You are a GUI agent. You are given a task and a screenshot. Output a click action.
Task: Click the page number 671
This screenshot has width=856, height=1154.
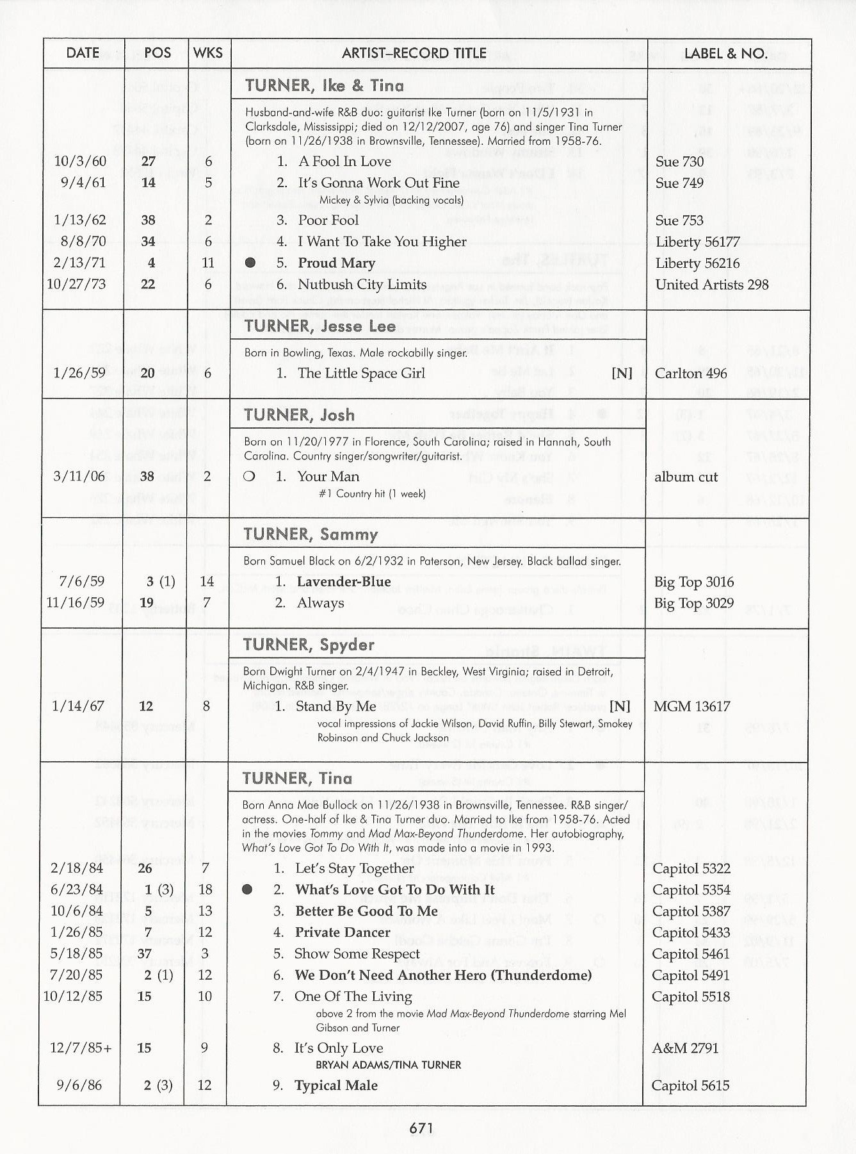421,1128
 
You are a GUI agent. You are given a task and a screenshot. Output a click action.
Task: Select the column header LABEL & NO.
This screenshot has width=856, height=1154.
725,53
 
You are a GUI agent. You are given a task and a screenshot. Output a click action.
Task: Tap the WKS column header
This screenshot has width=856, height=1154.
208,53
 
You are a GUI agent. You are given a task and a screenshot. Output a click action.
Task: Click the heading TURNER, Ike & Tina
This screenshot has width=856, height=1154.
324,86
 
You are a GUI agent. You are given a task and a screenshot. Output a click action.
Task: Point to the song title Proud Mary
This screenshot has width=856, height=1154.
336,263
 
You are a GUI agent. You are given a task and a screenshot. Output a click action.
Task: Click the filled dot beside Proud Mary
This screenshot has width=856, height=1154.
250,263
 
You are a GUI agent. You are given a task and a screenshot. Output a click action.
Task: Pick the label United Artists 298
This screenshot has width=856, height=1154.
711,284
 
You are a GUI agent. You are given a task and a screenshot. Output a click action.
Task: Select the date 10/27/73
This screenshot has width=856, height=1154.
76,284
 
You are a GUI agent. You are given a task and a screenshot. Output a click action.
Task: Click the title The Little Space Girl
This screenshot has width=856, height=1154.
361,373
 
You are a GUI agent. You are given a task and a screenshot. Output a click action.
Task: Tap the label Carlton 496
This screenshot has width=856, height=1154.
691,373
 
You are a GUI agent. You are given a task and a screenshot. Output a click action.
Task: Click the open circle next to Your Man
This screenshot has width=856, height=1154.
250,477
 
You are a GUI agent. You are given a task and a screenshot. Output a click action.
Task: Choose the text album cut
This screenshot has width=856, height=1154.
686,477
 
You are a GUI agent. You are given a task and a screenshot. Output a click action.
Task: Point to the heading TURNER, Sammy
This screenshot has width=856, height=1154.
311,534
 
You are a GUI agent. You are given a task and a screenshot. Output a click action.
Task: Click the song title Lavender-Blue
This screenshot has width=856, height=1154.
343,582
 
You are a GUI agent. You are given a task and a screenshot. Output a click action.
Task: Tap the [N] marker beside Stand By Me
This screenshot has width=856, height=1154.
619,706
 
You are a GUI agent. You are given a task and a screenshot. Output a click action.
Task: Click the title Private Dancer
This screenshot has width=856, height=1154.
342,932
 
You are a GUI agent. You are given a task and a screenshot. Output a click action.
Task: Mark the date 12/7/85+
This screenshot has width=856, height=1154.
81,1048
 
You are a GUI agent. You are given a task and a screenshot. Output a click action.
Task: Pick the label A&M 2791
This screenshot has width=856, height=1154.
685,1048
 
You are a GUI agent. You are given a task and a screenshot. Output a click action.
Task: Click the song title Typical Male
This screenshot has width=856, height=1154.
335,1085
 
